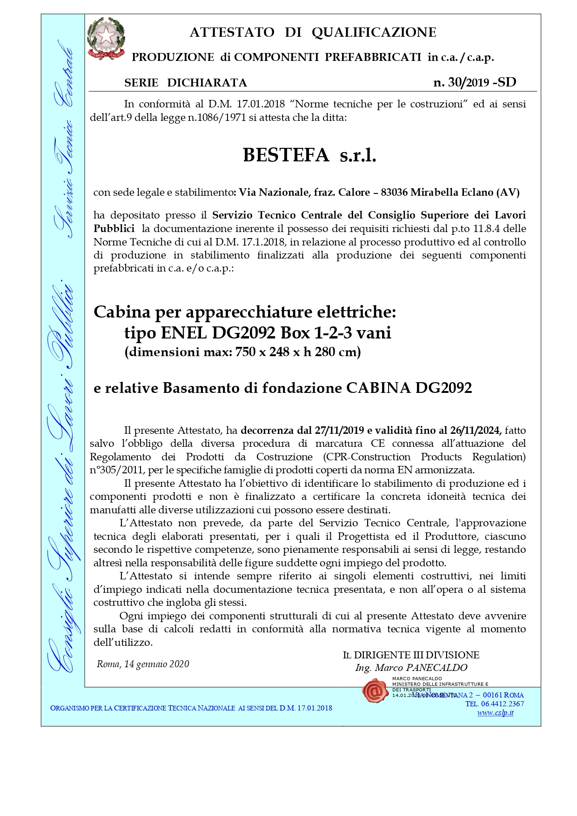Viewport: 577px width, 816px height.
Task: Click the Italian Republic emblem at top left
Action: click(106, 39)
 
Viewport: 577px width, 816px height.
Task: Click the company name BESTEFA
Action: click(286, 155)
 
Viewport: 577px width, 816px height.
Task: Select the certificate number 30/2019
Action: click(468, 82)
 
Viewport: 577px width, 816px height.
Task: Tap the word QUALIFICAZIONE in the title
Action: click(374, 32)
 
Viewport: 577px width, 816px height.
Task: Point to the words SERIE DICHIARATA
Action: click(186, 83)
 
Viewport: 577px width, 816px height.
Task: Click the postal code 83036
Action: click(394, 192)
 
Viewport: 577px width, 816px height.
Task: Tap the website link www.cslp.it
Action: click(495, 713)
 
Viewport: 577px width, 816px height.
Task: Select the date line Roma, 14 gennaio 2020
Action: click(143, 664)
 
